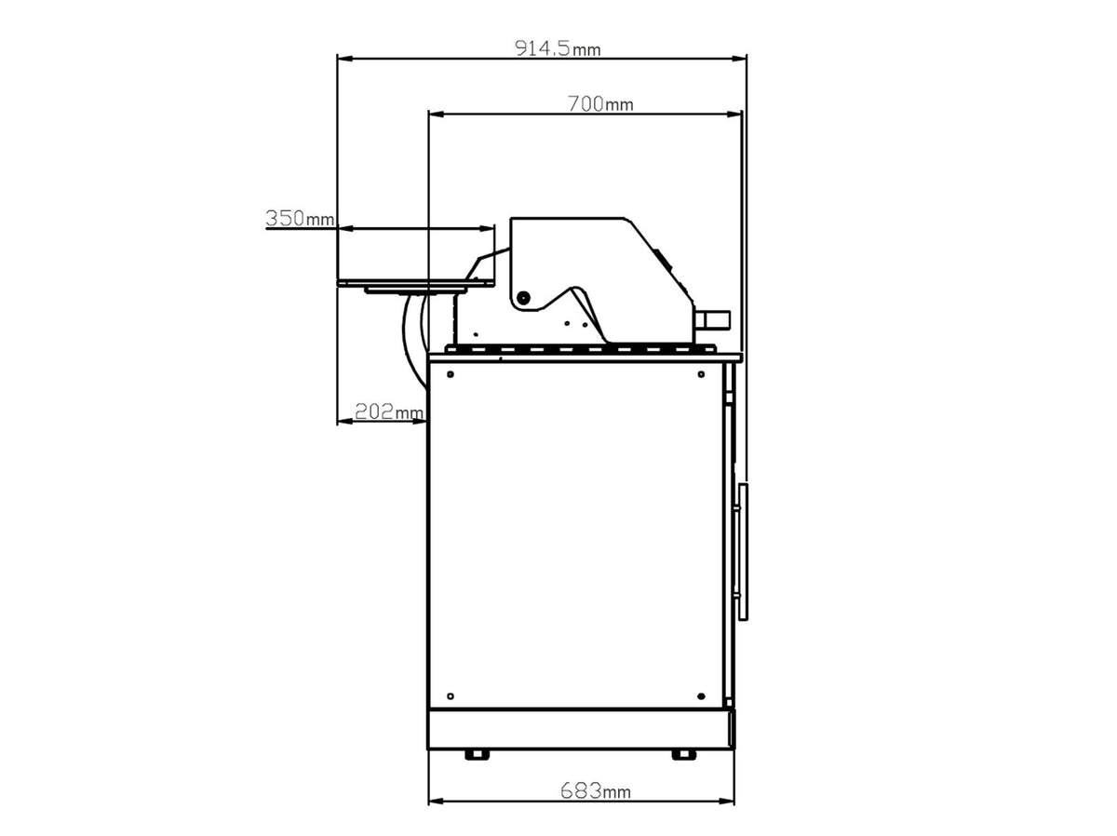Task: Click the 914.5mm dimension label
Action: coord(558,48)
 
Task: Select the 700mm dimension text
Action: coord(600,103)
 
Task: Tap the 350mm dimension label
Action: coord(300,218)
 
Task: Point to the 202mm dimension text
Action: coord(389,411)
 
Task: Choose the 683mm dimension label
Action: coord(596,790)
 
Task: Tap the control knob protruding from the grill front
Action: coord(712,319)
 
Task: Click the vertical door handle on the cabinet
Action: coord(744,552)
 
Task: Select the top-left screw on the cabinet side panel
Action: coord(451,374)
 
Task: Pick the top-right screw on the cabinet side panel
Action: coord(701,374)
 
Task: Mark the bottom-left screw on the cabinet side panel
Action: coord(450,695)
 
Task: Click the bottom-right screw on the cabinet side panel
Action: coord(701,695)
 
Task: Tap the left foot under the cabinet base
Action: coord(477,755)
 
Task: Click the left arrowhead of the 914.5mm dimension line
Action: coord(344,59)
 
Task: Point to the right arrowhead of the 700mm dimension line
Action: coord(734,115)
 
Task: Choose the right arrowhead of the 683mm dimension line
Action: coord(727,802)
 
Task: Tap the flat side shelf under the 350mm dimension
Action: coord(416,283)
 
